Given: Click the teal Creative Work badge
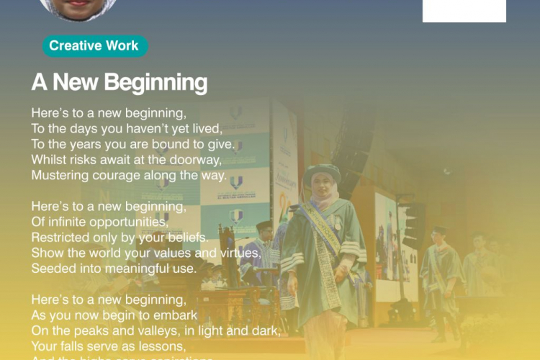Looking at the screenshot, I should [x=94, y=46].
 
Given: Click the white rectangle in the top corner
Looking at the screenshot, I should [x=464, y=10].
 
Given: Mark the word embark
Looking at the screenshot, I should [x=178, y=315].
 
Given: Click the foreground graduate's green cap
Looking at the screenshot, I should [x=321, y=172].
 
